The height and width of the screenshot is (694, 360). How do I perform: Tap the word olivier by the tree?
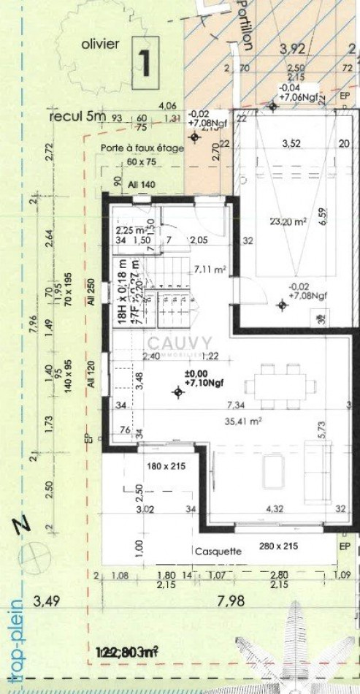(101, 44)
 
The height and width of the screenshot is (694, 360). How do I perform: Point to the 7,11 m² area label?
(210, 270)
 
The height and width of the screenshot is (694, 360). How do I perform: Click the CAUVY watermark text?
(180, 342)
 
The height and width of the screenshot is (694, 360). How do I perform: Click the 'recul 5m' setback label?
(77, 116)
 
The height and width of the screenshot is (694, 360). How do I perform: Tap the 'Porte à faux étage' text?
(142, 148)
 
